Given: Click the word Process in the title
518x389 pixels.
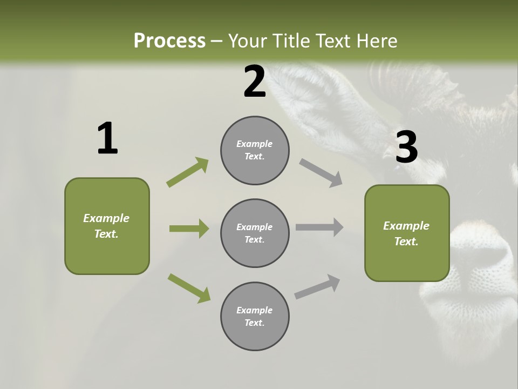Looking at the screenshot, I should [169, 41].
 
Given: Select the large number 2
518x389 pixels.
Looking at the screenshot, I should [255, 82].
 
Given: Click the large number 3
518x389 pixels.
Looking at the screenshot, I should [406, 147].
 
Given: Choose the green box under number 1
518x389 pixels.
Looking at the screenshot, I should [107, 226].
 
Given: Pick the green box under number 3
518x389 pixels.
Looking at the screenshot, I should [407, 233].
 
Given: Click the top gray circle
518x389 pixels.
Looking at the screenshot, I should [255, 150].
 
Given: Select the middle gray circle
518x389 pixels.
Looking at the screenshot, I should [255, 233].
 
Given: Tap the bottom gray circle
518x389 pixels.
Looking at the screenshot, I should [255, 316].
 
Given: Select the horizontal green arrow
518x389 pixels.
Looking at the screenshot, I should [189, 229].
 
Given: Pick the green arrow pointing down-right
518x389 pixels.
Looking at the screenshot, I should [189, 287].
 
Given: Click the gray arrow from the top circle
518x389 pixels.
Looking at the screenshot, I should [321, 172].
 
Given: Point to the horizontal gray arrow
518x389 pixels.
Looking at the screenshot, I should [319, 227].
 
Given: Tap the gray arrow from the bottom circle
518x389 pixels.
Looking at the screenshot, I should [317, 287].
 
